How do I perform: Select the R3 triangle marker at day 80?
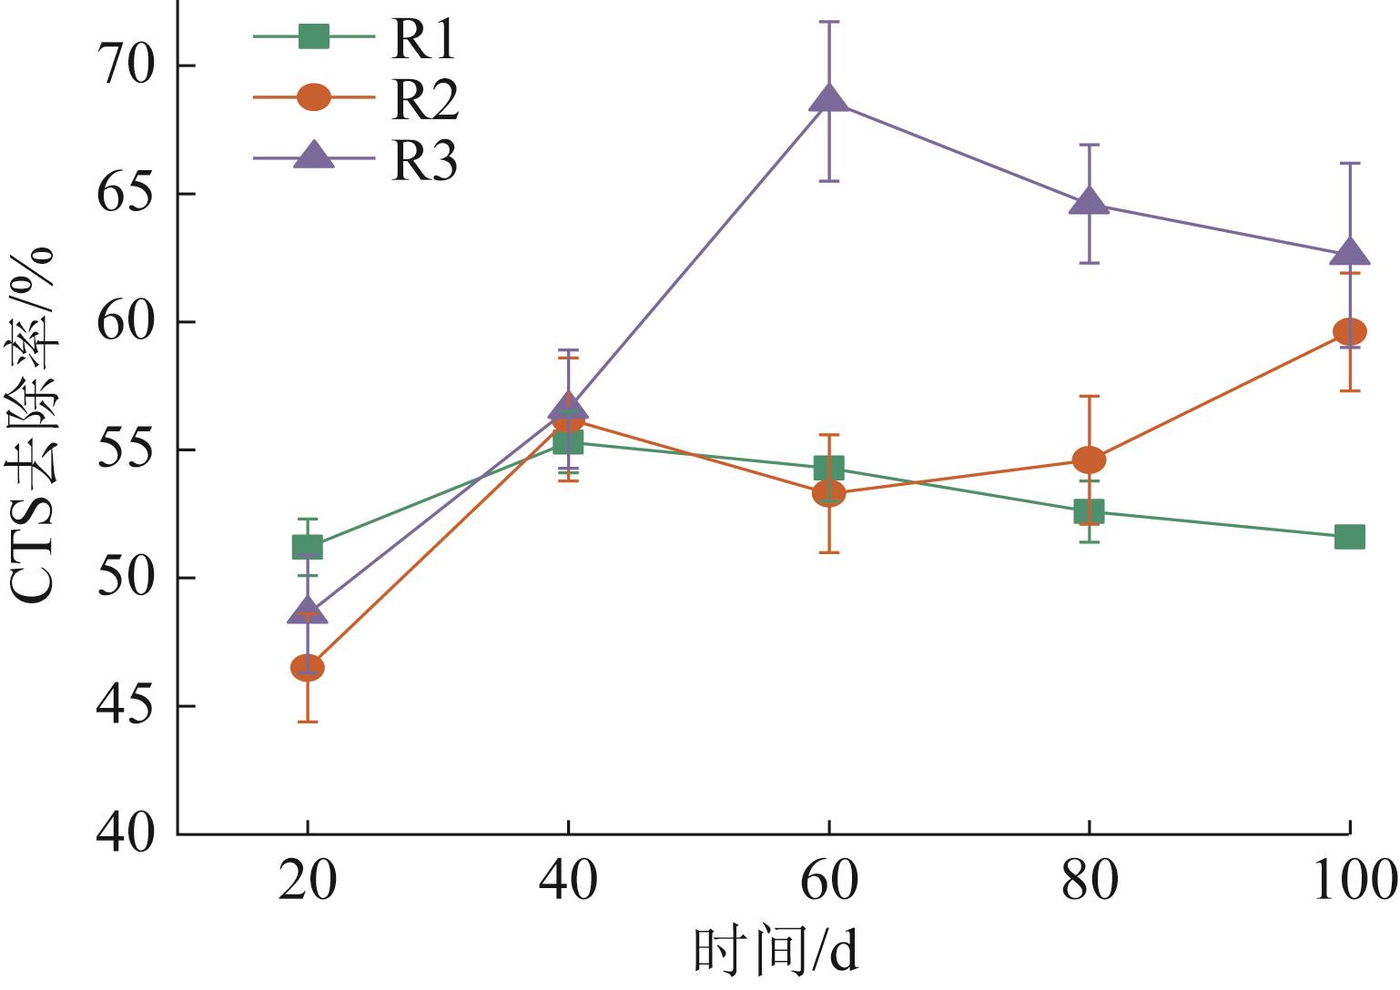tap(1090, 202)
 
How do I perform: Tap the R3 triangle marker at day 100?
tap(1349, 252)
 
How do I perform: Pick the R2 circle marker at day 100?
tap(1349, 331)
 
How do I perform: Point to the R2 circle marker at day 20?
tap(308, 668)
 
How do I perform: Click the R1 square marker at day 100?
tap(1349, 537)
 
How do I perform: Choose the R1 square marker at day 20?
tap(308, 547)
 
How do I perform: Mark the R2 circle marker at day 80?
tap(1090, 460)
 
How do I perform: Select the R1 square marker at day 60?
tap(828, 469)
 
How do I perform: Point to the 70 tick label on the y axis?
tap(127, 67)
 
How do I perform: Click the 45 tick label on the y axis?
tap(127, 706)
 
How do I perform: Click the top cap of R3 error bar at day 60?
tap(828, 21)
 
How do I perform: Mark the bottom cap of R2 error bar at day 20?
tap(308, 722)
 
